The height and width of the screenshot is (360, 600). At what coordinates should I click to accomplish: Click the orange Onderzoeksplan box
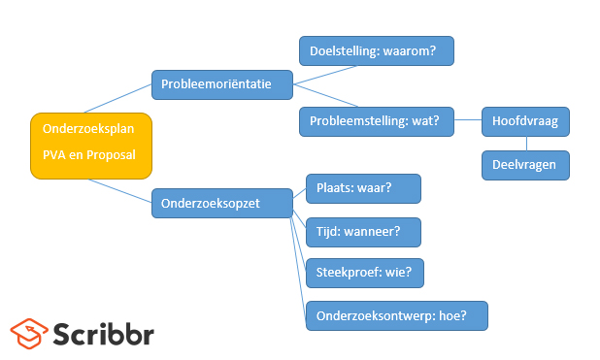click(91, 146)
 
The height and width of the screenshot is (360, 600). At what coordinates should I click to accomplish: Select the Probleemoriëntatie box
click(223, 85)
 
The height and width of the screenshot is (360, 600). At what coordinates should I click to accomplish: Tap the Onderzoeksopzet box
click(221, 204)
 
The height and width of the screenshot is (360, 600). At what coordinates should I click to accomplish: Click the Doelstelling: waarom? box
click(376, 50)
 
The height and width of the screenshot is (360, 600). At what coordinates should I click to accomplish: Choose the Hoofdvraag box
click(525, 121)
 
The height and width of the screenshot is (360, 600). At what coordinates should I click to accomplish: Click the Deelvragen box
click(525, 165)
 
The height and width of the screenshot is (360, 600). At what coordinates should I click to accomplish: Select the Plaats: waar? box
click(363, 188)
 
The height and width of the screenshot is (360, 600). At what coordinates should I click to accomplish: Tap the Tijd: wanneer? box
click(363, 233)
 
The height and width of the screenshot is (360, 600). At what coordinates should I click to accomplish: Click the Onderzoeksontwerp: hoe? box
click(396, 315)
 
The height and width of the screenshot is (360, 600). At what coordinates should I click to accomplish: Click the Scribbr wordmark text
click(103, 333)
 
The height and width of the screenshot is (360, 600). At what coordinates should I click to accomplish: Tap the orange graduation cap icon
click(28, 333)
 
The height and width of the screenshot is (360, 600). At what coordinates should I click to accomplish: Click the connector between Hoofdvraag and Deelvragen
click(525, 144)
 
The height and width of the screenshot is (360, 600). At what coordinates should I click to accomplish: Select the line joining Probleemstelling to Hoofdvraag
click(467, 121)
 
